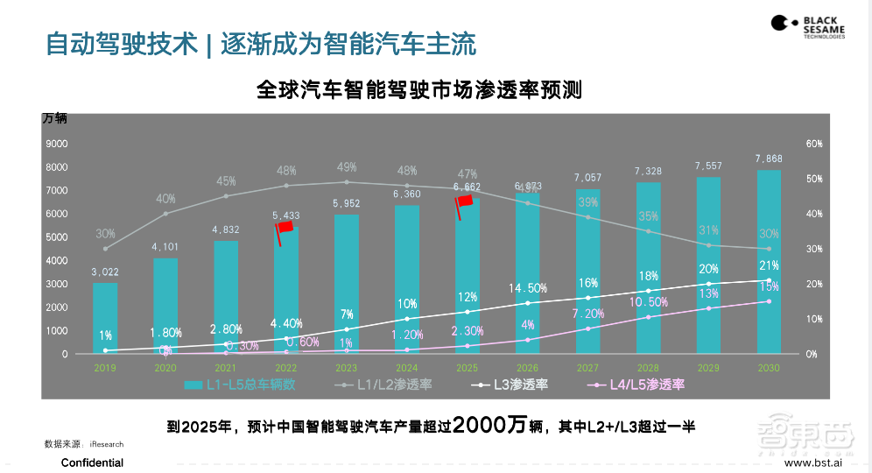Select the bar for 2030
(769, 262)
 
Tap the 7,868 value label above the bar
(769, 159)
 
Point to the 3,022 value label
(105, 272)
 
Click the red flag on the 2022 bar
(285, 229)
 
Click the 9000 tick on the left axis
(57, 144)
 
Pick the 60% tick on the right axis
(813, 144)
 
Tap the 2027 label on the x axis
(587, 368)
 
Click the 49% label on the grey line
(346, 167)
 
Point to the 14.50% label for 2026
(528, 288)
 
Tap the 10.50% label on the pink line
(648, 301)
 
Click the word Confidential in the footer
(92, 462)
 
